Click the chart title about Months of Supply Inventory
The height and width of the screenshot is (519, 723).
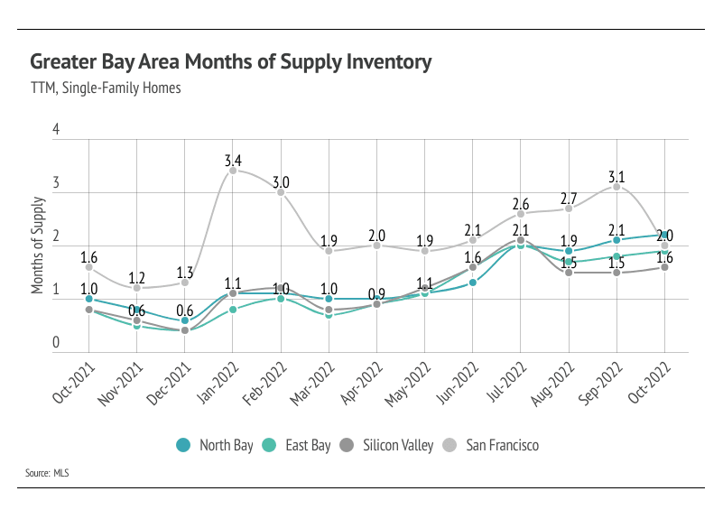(230, 62)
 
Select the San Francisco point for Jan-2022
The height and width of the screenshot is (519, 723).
(233, 171)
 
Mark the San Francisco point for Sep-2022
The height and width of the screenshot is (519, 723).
(616, 187)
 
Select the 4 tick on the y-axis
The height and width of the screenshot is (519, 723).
(56, 130)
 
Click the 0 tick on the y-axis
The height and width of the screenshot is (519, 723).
(56, 343)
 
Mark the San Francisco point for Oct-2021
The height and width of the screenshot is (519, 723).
(88, 267)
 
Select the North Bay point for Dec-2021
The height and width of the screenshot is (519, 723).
(185, 320)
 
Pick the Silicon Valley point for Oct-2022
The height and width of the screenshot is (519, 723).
(664, 267)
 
